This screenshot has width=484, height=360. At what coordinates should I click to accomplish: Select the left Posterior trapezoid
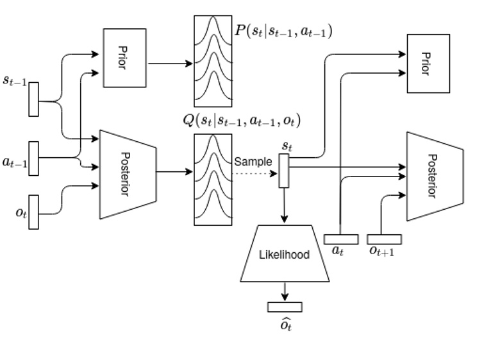click(127, 174)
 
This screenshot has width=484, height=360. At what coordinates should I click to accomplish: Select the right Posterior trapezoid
click(434, 174)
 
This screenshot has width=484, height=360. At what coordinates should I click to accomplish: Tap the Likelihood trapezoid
click(284, 254)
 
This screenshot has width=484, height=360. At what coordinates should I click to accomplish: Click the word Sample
click(253, 161)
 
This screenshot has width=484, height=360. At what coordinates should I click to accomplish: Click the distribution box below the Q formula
click(213, 179)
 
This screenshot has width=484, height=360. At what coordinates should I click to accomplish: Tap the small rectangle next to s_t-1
click(33, 99)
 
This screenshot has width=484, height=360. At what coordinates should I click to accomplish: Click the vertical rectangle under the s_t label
click(284, 171)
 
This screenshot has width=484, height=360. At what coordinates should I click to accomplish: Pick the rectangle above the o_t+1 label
click(384, 239)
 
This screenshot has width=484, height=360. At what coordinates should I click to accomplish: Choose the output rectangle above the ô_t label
click(284, 307)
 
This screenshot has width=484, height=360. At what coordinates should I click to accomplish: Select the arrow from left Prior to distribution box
click(171, 64)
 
